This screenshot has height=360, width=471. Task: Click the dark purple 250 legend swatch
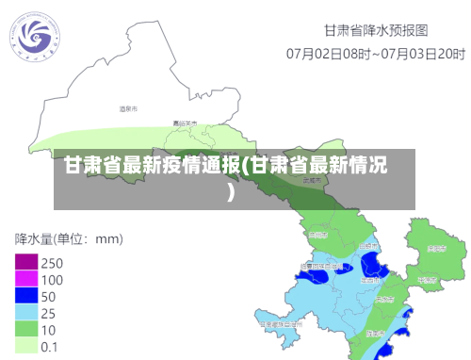pyautogui.click(x=25, y=262)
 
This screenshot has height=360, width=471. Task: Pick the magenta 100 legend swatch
pyautogui.click(x=25, y=279)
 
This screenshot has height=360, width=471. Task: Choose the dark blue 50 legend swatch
pyautogui.click(x=25, y=296)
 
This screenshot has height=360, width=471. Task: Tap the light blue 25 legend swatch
pyautogui.click(x=25, y=312)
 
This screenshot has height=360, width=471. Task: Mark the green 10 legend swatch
pyautogui.click(x=25, y=329)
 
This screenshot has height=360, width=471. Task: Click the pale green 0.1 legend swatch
pyautogui.click(x=25, y=346)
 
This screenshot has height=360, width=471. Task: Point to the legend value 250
pyautogui.click(x=52, y=263)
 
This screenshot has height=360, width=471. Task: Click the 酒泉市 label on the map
pyautogui.click(x=128, y=110)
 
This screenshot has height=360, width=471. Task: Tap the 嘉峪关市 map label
pyautogui.click(x=185, y=123)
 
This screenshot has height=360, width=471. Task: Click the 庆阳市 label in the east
pyautogui.click(x=435, y=250)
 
